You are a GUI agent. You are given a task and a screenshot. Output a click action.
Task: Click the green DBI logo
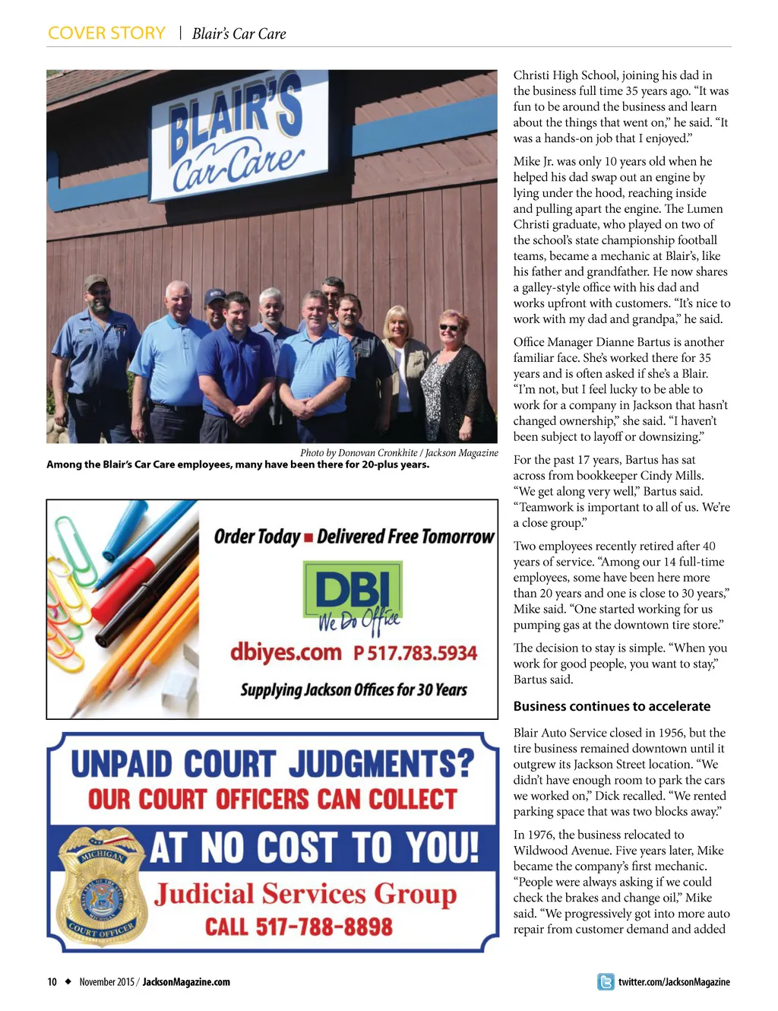(352, 592)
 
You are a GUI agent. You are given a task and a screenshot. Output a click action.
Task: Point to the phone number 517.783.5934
(416, 653)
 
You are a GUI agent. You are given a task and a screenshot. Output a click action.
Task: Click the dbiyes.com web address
(286, 652)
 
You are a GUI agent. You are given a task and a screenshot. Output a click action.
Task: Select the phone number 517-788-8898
(299, 927)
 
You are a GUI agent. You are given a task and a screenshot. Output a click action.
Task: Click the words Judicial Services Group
(305, 894)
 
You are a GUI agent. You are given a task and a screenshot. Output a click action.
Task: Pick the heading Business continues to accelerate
(612, 706)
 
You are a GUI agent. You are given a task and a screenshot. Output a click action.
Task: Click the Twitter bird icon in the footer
(606, 982)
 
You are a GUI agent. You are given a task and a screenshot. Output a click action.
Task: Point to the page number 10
(52, 982)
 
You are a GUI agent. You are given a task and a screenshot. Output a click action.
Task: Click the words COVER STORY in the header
(106, 33)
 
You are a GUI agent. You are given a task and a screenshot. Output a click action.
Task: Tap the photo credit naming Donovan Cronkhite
(399, 453)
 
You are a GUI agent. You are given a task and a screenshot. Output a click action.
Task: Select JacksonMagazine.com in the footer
(186, 982)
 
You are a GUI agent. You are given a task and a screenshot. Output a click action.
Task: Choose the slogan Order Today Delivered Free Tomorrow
(353, 537)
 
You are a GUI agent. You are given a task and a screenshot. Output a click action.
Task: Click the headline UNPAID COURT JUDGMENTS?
(272, 764)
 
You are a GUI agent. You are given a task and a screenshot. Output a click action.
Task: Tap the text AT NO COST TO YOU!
(314, 847)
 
